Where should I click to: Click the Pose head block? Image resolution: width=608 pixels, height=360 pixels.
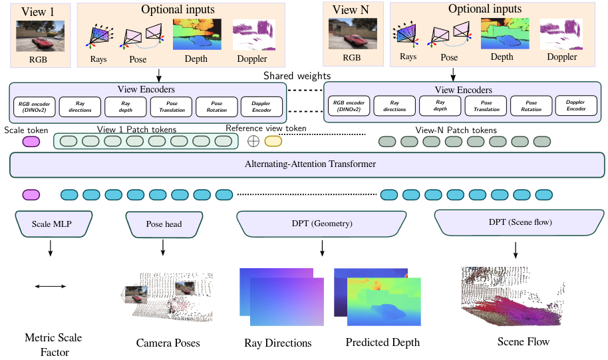164,224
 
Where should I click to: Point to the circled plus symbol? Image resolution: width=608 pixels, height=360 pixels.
253,141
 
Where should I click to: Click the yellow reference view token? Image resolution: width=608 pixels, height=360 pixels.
273,141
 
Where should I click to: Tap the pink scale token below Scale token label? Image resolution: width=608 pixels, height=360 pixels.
31,141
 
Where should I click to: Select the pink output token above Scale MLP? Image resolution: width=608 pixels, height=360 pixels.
31,195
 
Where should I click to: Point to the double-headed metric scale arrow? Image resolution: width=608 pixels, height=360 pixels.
51,286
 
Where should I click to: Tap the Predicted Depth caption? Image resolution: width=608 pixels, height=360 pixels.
382,343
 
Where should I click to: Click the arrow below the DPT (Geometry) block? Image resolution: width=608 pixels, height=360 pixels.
323,248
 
